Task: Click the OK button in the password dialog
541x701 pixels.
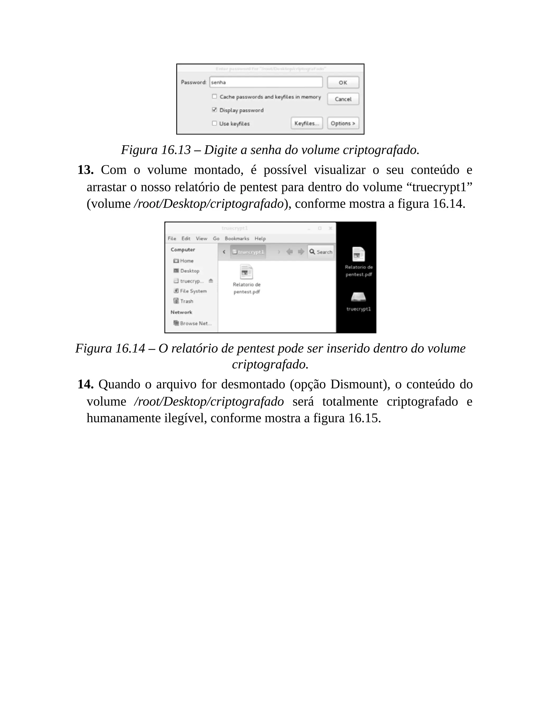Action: pos(343,83)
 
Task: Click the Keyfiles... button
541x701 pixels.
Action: pos(306,123)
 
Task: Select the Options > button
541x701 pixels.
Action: pos(343,123)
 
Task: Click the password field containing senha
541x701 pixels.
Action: pos(266,82)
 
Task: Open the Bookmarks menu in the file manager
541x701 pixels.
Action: pos(237,239)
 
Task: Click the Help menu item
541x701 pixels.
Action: pos(260,239)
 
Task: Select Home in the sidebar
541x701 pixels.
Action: pos(186,261)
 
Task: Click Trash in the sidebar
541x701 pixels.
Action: pos(186,301)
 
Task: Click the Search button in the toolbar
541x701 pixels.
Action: pos(321,252)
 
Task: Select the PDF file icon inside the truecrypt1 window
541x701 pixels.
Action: pos(246,272)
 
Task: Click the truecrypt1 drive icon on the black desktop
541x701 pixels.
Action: pos(358,297)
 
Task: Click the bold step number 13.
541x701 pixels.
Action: pos(85,170)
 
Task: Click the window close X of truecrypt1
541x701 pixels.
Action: pos(330,228)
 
